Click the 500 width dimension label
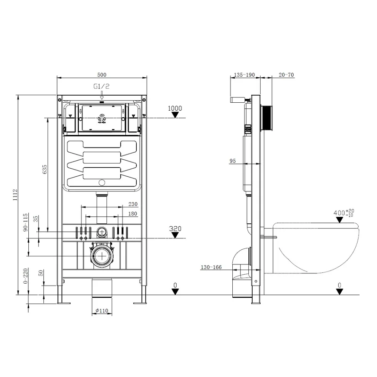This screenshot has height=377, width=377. click(x=102, y=74)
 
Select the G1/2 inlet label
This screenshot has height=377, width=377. click(x=102, y=87)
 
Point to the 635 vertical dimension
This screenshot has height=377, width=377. click(x=44, y=170)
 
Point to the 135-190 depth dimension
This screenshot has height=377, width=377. click(x=244, y=74)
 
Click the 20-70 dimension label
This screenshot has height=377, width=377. click(x=286, y=74)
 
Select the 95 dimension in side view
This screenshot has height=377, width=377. click(x=233, y=161)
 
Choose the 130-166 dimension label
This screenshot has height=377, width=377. click(x=211, y=268)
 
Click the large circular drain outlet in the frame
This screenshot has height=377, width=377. click(x=101, y=256)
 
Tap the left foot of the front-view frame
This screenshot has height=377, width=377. click(x=61, y=302)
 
